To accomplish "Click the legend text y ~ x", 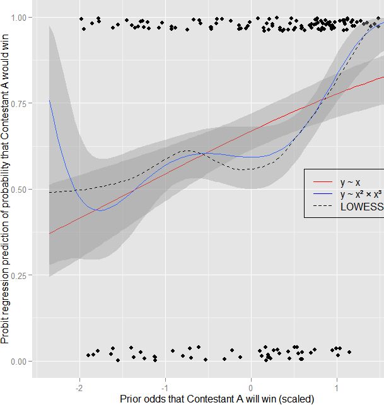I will (350, 183).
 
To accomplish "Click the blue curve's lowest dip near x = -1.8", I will (101, 210).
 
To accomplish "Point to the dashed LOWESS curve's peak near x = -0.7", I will (187, 151).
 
